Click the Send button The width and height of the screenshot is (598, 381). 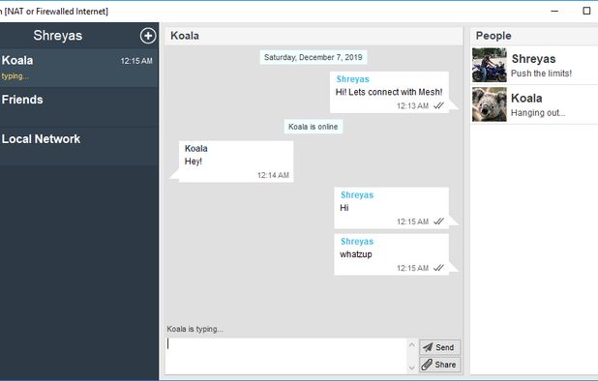click(438, 347)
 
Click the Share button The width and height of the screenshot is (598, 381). click(438, 365)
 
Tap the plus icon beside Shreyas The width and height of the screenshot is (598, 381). click(147, 36)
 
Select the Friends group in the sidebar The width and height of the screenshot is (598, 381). click(22, 100)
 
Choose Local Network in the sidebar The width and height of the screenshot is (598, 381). click(41, 139)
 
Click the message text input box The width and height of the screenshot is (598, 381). click(290, 355)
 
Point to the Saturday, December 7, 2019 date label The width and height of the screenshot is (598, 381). click(314, 57)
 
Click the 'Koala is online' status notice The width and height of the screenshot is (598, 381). click(314, 127)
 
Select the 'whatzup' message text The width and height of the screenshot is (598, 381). click(356, 254)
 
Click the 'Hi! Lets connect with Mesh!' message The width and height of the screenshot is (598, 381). click(388, 92)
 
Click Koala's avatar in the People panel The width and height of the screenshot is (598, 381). click(490, 104)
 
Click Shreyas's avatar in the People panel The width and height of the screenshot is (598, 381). click(490, 65)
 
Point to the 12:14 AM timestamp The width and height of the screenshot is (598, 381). click(273, 176)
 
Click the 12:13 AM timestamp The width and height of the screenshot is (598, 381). click(412, 106)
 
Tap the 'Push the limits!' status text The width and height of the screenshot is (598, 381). click(541, 73)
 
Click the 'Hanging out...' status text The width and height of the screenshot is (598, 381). click(538, 113)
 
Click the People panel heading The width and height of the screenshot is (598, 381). click(493, 36)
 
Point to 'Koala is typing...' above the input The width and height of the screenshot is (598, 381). click(195, 329)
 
